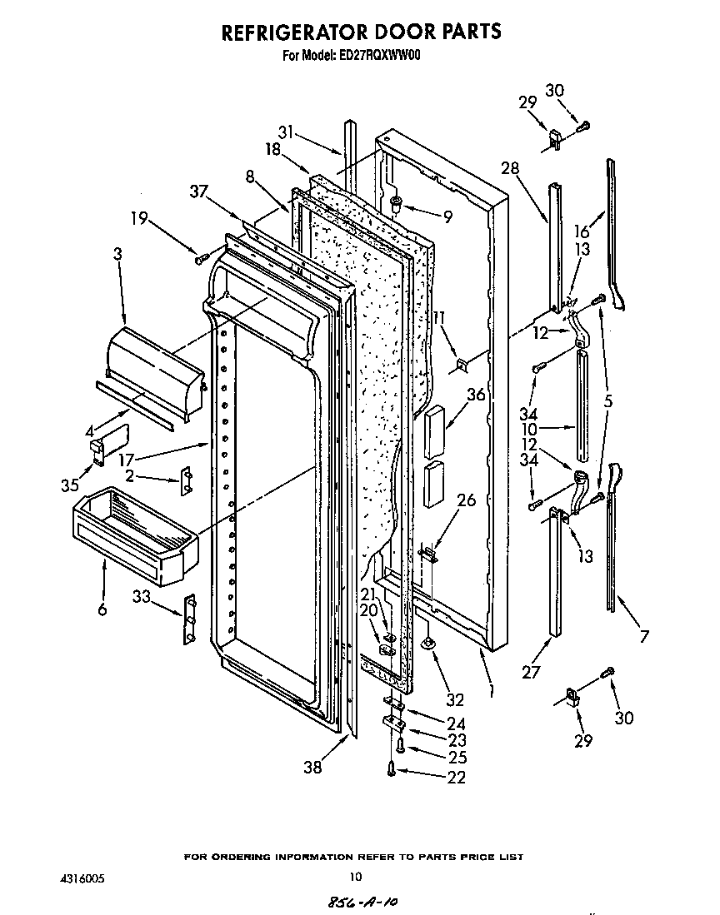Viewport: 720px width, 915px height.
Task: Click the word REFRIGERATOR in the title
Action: click(292, 32)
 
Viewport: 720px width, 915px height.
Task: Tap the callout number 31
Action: click(286, 132)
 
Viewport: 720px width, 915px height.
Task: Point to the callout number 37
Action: click(198, 192)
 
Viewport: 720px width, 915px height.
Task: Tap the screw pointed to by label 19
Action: click(199, 258)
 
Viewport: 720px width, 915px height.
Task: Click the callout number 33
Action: click(142, 596)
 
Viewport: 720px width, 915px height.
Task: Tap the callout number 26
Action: click(467, 500)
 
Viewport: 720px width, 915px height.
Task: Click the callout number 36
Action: click(476, 395)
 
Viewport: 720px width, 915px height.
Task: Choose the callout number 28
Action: click(510, 169)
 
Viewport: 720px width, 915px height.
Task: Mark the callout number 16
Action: click(582, 231)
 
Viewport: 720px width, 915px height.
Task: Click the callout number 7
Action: click(644, 637)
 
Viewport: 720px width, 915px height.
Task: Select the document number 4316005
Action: click(82, 877)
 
